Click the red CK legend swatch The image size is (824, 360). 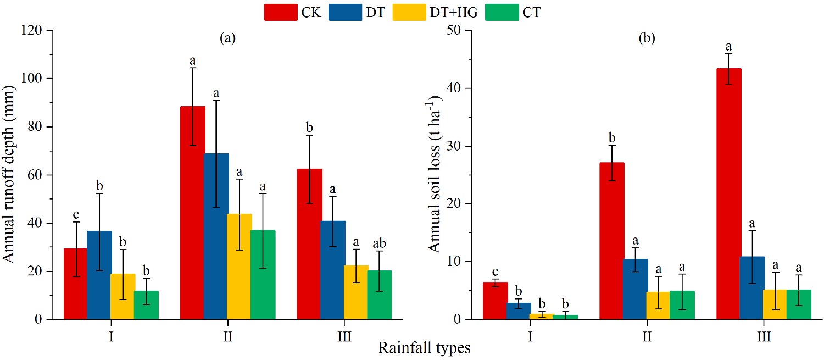point(281,12)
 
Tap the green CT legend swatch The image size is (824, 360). point(502,12)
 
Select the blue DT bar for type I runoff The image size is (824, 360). point(99,275)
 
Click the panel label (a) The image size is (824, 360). point(227,38)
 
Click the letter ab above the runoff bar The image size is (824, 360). point(379,242)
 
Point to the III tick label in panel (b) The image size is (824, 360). point(764,336)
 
